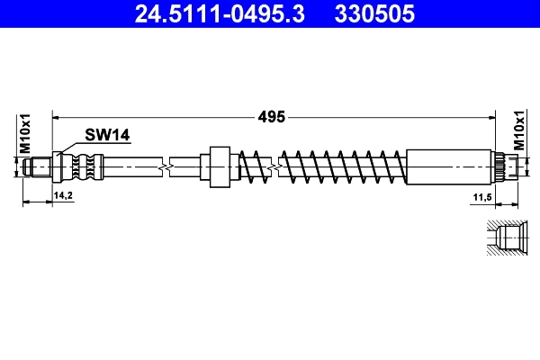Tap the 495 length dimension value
pos(273,116)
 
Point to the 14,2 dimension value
pos(63,193)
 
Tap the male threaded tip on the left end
pos(38,166)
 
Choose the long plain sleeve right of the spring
pos(450,166)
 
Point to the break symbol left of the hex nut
pos(163,166)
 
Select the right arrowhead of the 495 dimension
pos(492,116)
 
